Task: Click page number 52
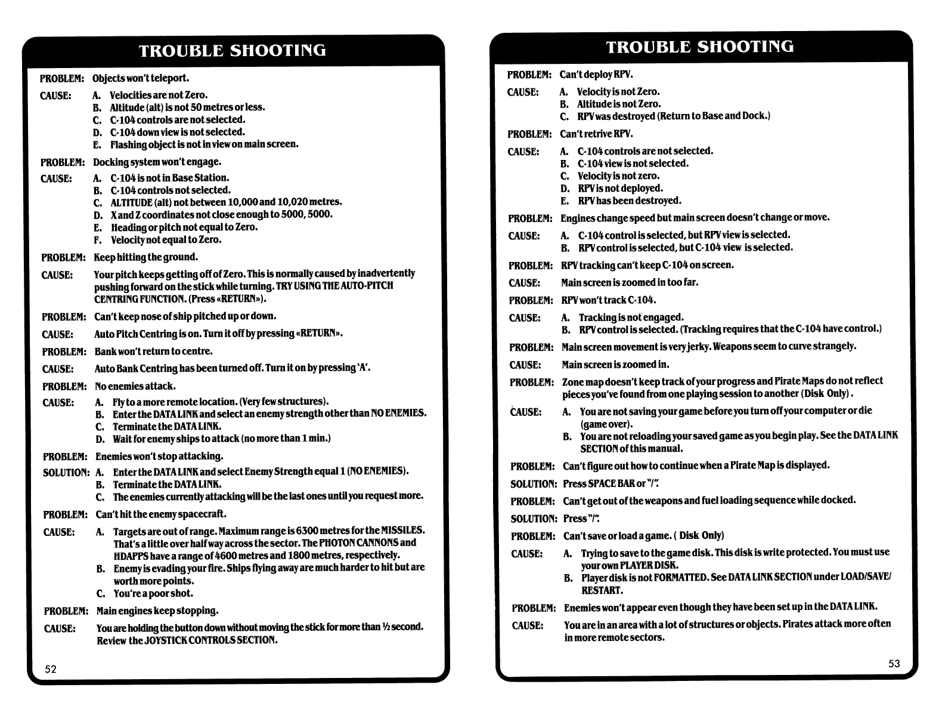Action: coord(51,669)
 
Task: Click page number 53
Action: coord(894,664)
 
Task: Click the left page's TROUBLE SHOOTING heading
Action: coord(233,50)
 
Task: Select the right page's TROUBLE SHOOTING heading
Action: coord(700,47)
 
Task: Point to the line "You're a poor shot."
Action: coord(153,593)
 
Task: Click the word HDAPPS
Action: coord(131,555)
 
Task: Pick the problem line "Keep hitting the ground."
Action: coord(146,257)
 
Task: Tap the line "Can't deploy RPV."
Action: coord(596,75)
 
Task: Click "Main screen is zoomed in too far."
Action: coord(630,282)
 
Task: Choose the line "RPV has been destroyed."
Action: coord(630,201)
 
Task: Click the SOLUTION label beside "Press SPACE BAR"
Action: coord(534,484)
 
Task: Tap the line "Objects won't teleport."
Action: coord(141,78)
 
